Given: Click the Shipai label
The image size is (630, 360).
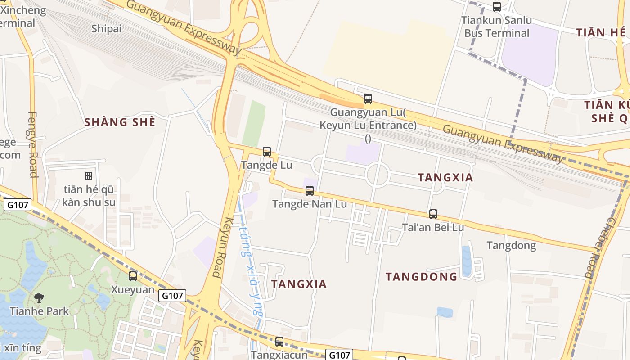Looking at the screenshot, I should click(x=107, y=29).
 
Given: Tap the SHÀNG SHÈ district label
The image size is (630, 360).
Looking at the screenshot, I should click(x=120, y=122).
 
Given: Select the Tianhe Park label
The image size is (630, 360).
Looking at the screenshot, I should click(x=40, y=311).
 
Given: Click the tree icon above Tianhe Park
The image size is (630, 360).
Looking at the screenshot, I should click(x=39, y=297).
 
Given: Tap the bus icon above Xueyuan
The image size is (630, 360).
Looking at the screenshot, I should click(x=132, y=276).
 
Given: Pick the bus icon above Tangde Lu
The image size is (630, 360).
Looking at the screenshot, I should click(x=267, y=152).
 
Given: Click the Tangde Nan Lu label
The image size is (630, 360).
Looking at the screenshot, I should click(x=310, y=204).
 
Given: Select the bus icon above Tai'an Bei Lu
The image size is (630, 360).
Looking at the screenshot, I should click(x=433, y=214).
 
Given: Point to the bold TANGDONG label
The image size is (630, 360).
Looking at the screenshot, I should click(x=421, y=276).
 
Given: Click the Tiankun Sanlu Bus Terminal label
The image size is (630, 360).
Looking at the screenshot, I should click(x=497, y=27).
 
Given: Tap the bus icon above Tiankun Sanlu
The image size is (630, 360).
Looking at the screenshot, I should click(x=497, y=7).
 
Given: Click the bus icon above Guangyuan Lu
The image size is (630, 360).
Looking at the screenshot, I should click(x=368, y=99).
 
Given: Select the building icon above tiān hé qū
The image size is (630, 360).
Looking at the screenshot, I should click(x=89, y=175).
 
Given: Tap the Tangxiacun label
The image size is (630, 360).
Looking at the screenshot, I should click(x=279, y=355).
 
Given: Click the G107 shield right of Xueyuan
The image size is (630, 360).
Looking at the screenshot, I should click(x=172, y=296).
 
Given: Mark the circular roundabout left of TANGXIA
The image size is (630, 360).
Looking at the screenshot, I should click(x=377, y=175).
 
